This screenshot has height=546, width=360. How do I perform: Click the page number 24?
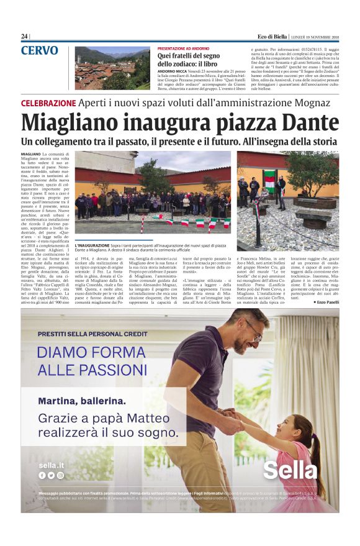click(x=24, y=36)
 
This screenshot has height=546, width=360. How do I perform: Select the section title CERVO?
click(x=40, y=51)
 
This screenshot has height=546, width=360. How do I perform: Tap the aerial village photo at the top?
click(x=112, y=68)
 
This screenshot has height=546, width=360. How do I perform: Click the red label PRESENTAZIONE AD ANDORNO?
click(x=184, y=48)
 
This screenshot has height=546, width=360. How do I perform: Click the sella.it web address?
click(x=51, y=464)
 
